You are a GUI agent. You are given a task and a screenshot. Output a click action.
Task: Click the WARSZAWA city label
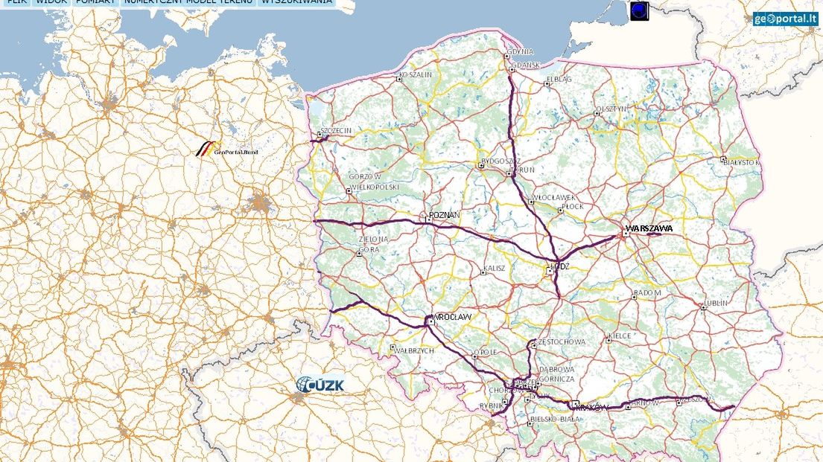pos(649,228)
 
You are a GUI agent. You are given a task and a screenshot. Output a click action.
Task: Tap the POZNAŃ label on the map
pos(445,216)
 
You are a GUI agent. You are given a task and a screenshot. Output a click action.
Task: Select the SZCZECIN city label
pos(336,130)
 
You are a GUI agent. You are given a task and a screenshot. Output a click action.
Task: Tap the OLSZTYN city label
pos(611,109)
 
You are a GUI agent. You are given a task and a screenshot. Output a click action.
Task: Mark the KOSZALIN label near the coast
pos(416,75)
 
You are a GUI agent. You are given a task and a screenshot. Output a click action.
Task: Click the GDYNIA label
pos(521,52)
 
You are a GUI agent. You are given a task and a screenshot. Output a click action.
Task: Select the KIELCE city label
pos(620,336)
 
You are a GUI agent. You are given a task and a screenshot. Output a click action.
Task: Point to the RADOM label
pos(647,293)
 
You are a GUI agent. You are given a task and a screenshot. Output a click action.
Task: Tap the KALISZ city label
pos(495,268)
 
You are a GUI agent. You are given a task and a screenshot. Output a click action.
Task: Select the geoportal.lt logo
pos(785,19)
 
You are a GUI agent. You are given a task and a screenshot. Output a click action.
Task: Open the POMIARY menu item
pos(95,3)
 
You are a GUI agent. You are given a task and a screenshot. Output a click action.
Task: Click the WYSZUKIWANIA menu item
pos(297,3)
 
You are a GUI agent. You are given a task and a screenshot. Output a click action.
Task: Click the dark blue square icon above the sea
pos(640,10)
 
